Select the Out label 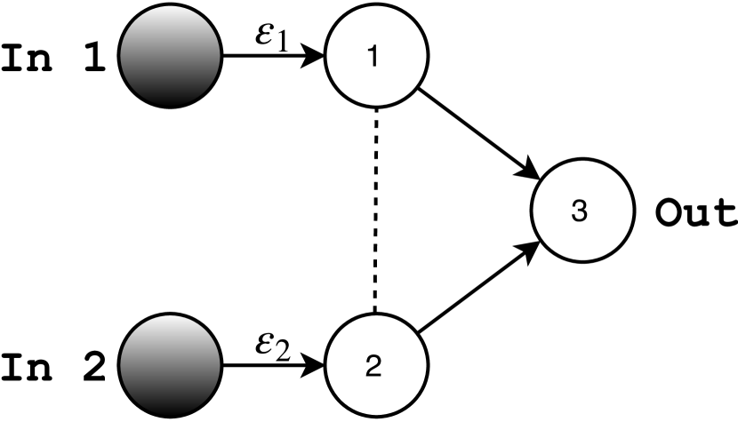pyautogui.click(x=695, y=213)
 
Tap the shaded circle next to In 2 pyautogui.click(x=170, y=365)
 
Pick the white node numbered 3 pyautogui.click(x=582, y=213)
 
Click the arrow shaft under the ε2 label pyautogui.click(x=262, y=365)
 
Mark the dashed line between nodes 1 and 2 pyautogui.click(x=377, y=211)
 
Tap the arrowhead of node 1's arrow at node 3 pyautogui.click(x=529, y=170)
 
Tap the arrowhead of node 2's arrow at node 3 pyautogui.click(x=529, y=253)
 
